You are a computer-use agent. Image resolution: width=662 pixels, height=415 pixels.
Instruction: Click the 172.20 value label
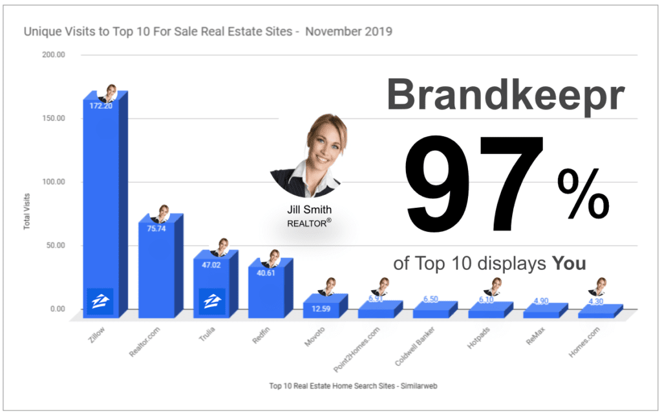click(100, 106)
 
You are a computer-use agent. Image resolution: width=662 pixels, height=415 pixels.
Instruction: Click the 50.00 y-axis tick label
click(54, 245)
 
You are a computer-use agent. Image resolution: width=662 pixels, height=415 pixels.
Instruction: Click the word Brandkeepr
click(506, 95)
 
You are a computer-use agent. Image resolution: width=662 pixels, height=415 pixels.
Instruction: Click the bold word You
click(569, 264)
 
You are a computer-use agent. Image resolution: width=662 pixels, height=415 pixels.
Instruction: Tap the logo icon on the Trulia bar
click(211, 301)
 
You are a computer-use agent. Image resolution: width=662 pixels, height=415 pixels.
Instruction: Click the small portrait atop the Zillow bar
click(109, 93)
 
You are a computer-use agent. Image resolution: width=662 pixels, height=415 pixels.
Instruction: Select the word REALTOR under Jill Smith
click(306, 224)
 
